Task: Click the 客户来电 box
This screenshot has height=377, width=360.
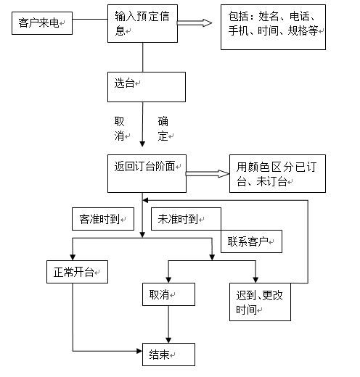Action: click(42, 23)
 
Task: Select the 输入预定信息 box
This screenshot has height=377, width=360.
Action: click(142, 23)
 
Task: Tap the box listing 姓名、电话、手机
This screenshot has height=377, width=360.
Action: click(273, 27)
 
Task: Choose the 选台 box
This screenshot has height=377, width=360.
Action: click(147, 87)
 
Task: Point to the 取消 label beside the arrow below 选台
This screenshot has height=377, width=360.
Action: click(120, 128)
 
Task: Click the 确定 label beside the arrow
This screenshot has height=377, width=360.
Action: click(163, 128)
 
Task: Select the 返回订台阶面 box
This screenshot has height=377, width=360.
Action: click(147, 173)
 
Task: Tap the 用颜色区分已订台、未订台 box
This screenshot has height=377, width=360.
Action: click(277, 173)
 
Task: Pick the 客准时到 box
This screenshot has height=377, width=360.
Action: click(103, 219)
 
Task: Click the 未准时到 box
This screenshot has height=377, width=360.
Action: click(186, 219)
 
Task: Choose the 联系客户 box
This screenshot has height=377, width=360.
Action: click(251, 241)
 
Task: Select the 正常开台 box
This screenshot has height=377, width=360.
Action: click(77, 272)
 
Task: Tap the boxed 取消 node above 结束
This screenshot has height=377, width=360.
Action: click(168, 294)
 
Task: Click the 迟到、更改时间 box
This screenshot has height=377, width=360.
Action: click(260, 302)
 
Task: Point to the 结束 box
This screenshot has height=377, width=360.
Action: click(168, 355)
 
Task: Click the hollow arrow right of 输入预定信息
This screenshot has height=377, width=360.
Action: click(195, 23)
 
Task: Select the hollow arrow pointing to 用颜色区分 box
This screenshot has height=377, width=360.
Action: click(208, 173)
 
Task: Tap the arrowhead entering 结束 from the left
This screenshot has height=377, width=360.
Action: click(139, 351)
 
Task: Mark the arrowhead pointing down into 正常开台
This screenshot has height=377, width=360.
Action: click(73, 257)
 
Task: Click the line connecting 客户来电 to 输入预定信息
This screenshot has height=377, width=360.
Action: click(90, 19)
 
